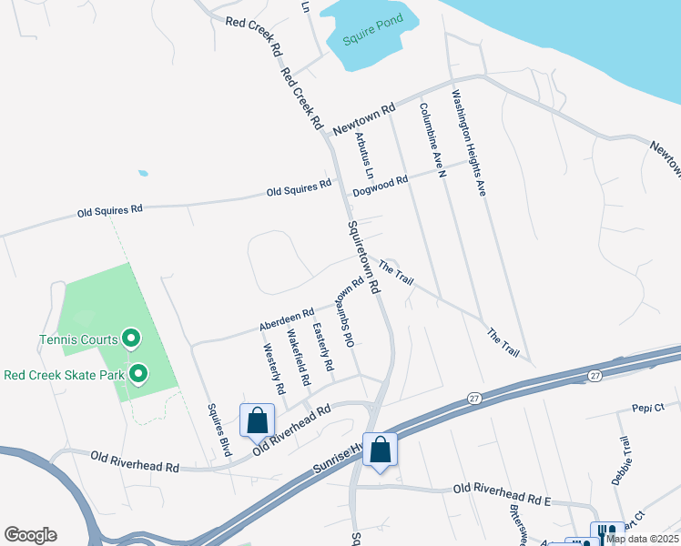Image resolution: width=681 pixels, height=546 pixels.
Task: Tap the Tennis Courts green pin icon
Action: coord(130,339)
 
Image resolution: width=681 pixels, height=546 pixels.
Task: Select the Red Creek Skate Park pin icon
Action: coord(138,373)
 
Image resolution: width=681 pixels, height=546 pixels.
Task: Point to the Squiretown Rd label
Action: coord(362,258)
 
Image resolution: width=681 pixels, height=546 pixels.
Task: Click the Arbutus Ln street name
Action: coord(365,156)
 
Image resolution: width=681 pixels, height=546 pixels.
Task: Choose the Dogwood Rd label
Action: coord(380,187)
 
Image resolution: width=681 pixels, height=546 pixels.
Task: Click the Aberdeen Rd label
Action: coord(286,318)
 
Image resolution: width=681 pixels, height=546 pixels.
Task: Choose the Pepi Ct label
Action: coord(648,409)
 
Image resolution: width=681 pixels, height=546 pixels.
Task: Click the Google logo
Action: coord(30,535)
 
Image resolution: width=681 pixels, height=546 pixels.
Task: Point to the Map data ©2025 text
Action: coord(643,539)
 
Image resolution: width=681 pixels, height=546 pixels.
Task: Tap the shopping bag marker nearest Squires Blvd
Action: coord(257,420)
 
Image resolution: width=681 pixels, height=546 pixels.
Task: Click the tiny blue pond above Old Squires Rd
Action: coord(143,172)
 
